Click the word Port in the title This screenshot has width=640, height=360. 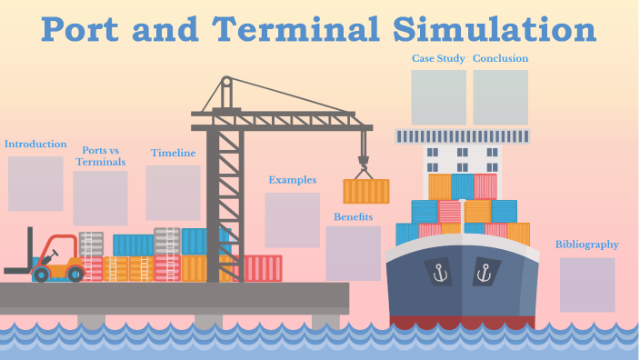86,29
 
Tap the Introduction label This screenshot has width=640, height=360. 35,144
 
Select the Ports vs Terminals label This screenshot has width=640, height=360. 100,155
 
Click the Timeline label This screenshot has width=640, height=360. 173,153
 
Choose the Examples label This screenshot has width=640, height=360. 292,180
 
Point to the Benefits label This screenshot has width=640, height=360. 353,216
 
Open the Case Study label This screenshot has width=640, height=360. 438,58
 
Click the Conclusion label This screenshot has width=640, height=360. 500,58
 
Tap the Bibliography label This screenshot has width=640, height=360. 586,244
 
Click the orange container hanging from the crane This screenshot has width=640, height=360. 365,191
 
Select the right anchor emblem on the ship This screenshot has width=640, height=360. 483,271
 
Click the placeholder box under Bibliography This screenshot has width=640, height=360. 586,285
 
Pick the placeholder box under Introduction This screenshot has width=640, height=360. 35,183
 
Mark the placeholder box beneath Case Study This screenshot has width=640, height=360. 438,97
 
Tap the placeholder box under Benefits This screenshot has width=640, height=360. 353,253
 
